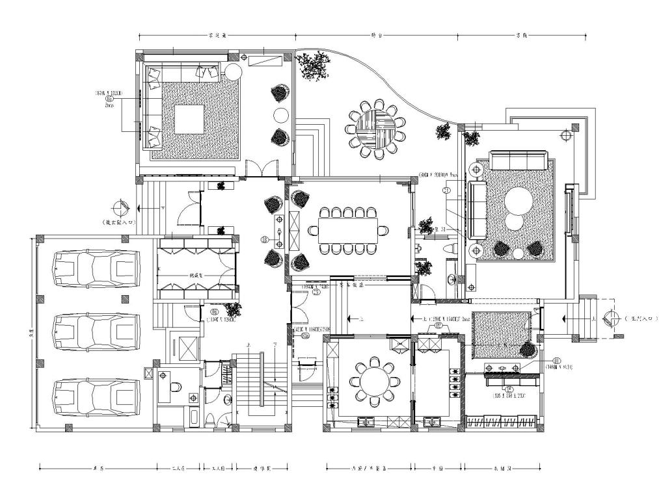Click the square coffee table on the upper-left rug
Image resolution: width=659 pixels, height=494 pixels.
(x=190, y=119)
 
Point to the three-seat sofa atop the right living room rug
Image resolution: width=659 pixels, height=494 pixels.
(x=518, y=159)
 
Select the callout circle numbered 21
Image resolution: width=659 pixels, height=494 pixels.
(x=446, y=190)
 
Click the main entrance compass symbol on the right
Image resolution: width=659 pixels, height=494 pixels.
(x=612, y=318)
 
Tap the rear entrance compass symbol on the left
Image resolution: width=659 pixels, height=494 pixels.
(x=120, y=208)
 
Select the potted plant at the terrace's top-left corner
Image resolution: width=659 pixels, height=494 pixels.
(x=313, y=65)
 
